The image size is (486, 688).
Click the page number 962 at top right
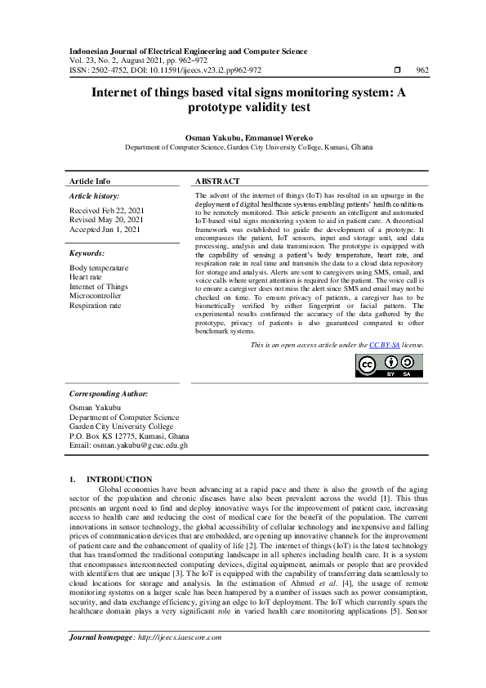(x=422, y=70)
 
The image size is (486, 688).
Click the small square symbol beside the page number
(x=396, y=70)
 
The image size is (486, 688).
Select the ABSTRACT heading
(x=217, y=181)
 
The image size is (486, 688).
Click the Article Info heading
(x=90, y=181)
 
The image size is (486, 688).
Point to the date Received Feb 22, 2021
(x=106, y=210)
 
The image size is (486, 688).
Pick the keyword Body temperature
(x=99, y=268)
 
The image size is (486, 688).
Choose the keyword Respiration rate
(x=95, y=306)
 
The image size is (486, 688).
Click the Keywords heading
(x=87, y=254)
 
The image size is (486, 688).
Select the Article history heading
(x=94, y=196)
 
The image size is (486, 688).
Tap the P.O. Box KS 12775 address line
(x=129, y=436)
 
